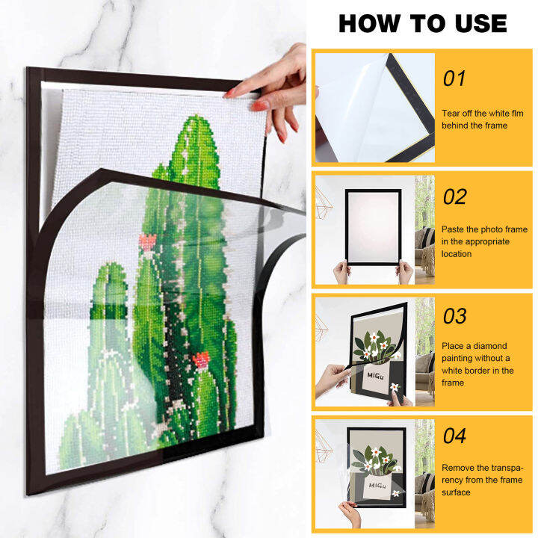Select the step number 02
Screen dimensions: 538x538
tap(454, 197)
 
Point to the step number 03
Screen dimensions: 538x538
tap(454, 316)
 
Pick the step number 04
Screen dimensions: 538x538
tap(454, 435)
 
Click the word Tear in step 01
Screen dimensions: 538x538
tap(451, 113)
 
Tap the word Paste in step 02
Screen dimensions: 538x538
tap(454, 229)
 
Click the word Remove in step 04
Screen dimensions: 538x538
tap(457, 468)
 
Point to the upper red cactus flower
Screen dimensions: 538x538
tap(146, 241)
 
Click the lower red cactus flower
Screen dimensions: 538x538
tap(200, 360)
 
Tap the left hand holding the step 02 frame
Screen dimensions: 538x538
tap(341, 273)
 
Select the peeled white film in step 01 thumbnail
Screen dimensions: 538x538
tap(351, 105)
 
